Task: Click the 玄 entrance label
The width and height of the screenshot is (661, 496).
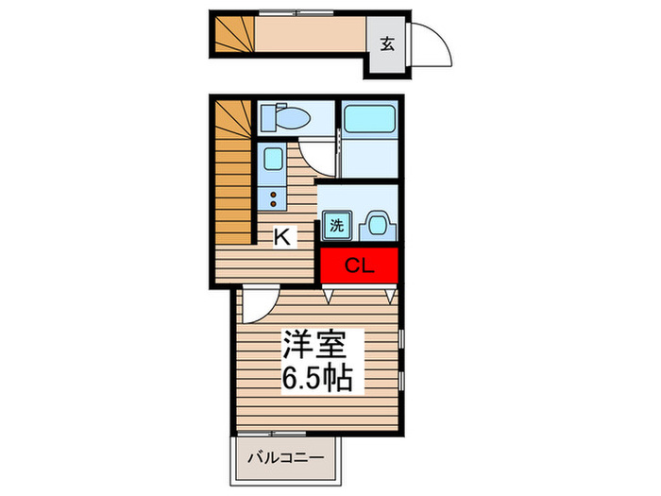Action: pos(387,43)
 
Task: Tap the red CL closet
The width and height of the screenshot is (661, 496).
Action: pos(359,265)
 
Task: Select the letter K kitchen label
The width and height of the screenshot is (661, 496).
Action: pos(281,237)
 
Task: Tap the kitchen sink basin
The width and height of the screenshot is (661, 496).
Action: pos(274,159)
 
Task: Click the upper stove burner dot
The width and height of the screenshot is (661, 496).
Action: pos(274,194)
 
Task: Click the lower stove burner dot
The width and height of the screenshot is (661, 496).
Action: pos(274,203)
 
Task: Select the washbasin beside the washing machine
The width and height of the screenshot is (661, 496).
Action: pos(377,224)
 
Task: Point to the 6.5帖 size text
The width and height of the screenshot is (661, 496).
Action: pos(315,380)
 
